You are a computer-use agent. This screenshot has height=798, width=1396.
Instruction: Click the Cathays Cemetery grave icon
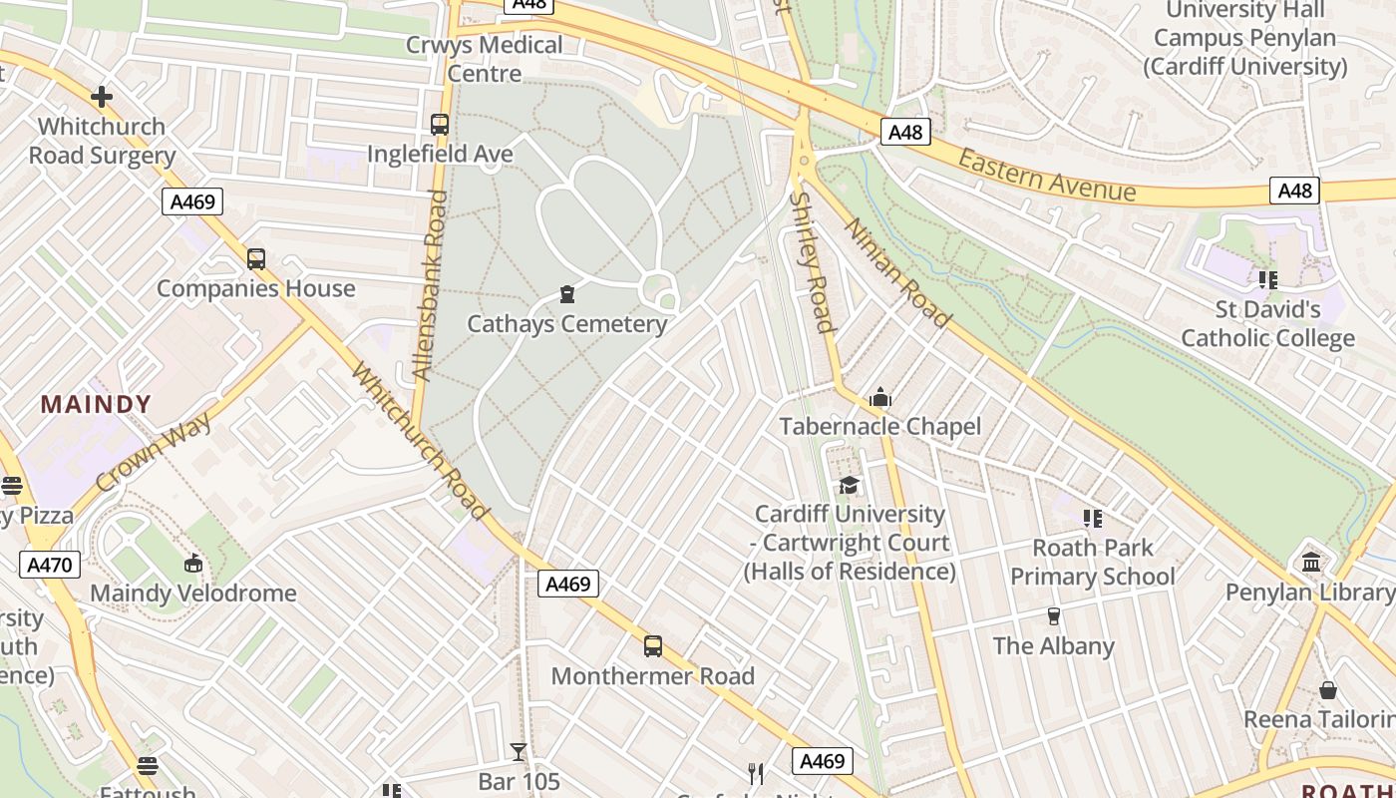[x=567, y=294]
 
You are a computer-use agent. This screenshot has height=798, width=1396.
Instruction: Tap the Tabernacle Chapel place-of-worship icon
[x=879, y=398]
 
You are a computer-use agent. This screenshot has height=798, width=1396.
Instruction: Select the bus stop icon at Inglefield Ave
[x=440, y=125]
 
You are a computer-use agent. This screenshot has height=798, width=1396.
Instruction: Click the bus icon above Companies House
[x=256, y=259]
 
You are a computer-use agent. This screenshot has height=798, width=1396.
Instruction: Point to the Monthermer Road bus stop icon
[x=653, y=646]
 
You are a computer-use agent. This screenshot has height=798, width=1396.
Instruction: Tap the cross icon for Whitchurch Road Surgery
[x=101, y=97]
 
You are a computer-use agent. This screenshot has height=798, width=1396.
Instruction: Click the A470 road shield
[x=49, y=565]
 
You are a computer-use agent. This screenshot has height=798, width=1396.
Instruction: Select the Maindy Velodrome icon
[x=193, y=564]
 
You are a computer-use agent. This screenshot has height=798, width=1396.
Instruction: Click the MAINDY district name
[x=96, y=404]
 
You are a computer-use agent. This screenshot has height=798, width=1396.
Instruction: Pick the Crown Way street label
[x=155, y=452]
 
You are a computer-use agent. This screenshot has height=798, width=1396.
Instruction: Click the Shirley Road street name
[x=811, y=261]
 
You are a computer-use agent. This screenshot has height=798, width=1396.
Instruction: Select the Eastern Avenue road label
[x=1046, y=176]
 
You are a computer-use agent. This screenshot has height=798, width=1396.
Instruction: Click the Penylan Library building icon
[x=1311, y=563]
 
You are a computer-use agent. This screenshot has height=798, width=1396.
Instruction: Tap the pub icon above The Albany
[x=1053, y=616]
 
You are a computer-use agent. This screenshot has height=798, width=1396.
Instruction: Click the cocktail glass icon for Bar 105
[x=519, y=752]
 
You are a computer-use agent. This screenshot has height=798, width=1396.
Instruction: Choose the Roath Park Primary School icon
[x=1093, y=518]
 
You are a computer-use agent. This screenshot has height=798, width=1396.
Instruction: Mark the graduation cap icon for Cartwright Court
[x=849, y=485]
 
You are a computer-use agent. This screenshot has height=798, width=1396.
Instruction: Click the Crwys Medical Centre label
[x=484, y=59]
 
